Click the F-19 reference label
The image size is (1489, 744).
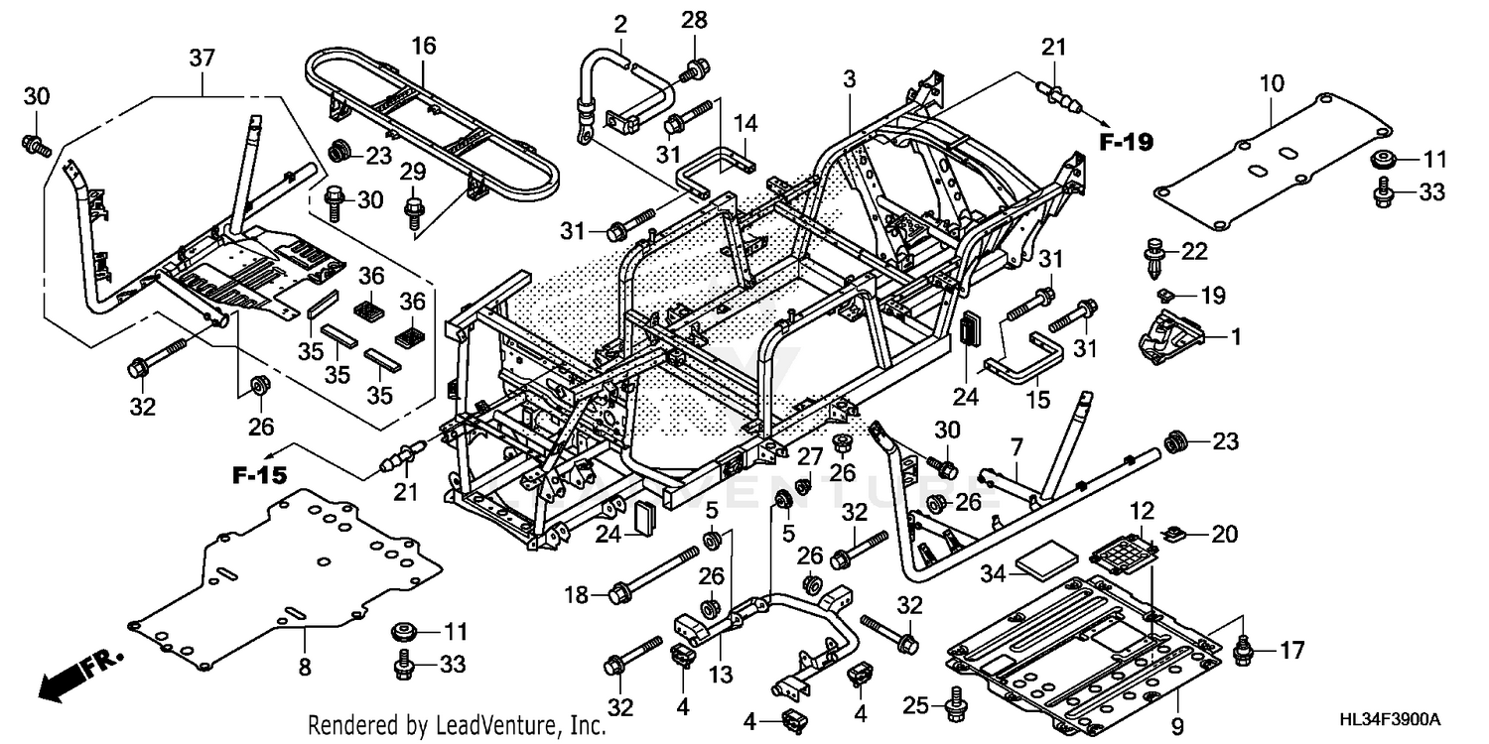pyautogui.click(x=1126, y=142)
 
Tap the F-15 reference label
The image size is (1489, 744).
pyautogui.click(x=260, y=475)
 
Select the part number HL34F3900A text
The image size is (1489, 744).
pyautogui.click(x=1390, y=720)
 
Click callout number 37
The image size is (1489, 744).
pyautogui.click(x=202, y=58)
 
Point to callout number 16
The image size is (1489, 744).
pyautogui.click(x=424, y=46)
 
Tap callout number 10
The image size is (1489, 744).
pyautogui.click(x=1272, y=83)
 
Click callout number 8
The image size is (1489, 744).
pyautogui.click(x=305, y=667)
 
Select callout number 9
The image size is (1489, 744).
pyautogui.click(x=1177, y=725)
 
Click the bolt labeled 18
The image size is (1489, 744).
pyautogui.click(x=655, y=572)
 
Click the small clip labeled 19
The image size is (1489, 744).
pyautogui.click(x=1164, y=294)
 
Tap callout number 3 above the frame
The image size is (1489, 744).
pyautogui.click(x=849, y=79)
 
